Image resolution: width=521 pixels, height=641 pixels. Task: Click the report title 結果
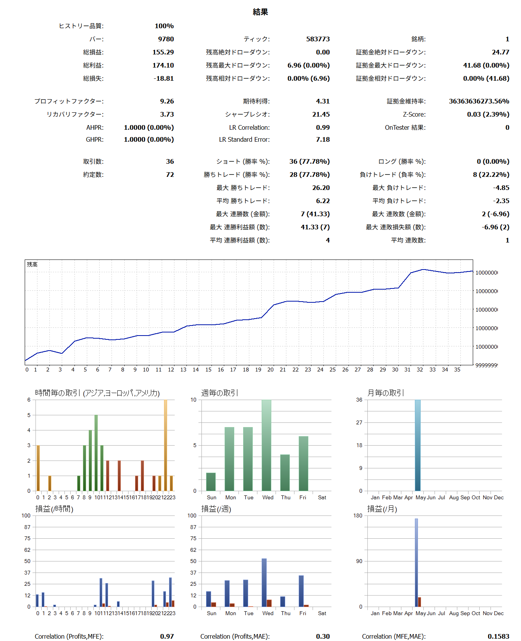click(260, 12)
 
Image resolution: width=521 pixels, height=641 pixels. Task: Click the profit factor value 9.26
click(167, 101)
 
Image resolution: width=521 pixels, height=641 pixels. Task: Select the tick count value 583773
click(318, 39)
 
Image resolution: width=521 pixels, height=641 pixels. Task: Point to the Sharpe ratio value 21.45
click(321, 114)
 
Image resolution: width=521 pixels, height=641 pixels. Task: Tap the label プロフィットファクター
click(69, 101)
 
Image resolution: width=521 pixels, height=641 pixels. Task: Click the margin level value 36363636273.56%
click(479, 101)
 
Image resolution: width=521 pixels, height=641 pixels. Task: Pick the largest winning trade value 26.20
click(321, 188)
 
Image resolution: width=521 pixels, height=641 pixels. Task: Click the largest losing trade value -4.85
click(501, 188)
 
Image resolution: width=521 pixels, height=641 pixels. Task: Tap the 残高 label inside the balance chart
click(32, 265)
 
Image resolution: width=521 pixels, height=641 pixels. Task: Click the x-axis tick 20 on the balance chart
click(271, 370)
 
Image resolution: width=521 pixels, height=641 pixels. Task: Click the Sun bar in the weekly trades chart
click(211, 482)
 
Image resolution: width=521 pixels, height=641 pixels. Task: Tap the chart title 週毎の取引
click(219, 393)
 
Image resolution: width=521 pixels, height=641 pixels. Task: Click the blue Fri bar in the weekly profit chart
click(301, 591)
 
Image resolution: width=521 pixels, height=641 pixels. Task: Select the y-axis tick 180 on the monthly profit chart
click(358, 516)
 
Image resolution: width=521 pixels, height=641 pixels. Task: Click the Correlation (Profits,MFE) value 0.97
click(167, 636)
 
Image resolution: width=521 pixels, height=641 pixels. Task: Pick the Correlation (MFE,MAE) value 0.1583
click(498, 636)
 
